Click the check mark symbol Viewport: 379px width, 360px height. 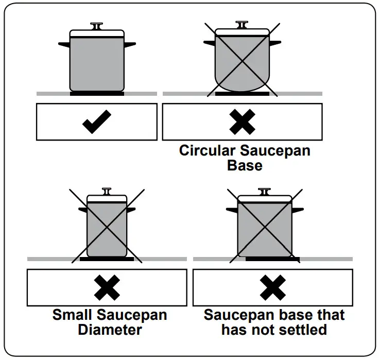click(x=96, y=123)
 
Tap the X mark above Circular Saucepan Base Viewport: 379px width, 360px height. click(x=243, y=123)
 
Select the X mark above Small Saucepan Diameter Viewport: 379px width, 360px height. click(x=107, y=287)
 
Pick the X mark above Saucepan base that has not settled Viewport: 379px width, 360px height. click(x=272, y=287)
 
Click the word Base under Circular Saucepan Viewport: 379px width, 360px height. click(x=244, y=166)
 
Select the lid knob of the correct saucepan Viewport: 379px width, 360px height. click(x=97, y=25)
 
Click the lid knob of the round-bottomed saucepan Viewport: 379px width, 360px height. click(x=242, y=24)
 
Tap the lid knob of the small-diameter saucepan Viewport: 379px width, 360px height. click(x=107, y=192)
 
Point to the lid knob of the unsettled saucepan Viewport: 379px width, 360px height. click(x=264, y=192)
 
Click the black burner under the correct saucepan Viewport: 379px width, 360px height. click(x=97, y=94)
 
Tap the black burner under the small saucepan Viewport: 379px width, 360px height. click(x=107, y=259)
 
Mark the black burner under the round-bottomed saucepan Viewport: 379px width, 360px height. click(x=242, y=94)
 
